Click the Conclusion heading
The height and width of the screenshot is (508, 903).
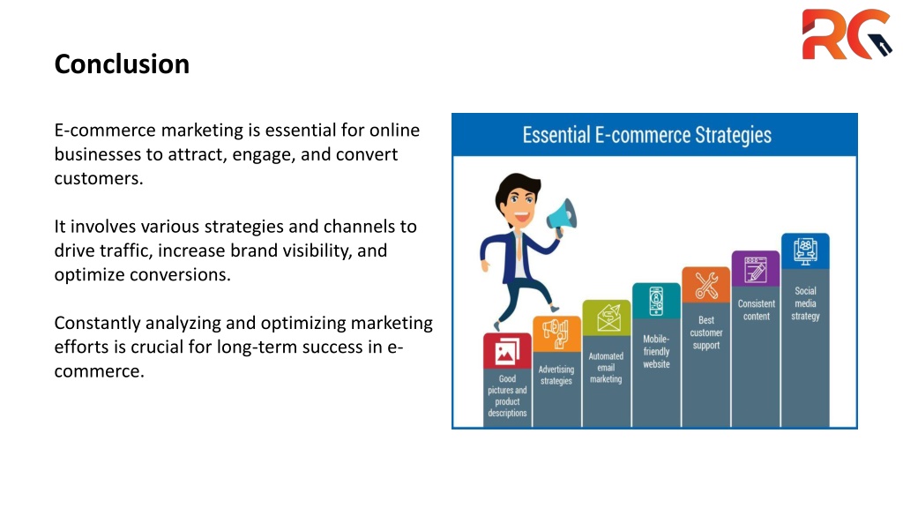click(x=122, y=63)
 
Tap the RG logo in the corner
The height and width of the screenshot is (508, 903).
click(x=847, y=34)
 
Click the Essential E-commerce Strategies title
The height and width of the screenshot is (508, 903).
click(x=646, y=135)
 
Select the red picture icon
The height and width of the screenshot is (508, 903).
click(x=507, y=351)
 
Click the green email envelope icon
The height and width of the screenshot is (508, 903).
click(x=607, y=317)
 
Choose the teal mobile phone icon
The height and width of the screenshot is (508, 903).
click(x=656, y=302)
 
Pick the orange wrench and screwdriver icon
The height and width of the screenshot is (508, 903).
click(x=706, y=285)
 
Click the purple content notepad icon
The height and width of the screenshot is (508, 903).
click(x=756, y=269)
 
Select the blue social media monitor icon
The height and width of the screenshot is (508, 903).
click(x=805, y=251)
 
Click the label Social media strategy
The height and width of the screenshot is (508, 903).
click(x=805, y=303)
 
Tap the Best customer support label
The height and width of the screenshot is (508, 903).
click(x=706, y=332)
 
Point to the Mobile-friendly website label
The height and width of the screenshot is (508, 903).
click(x=656, y=351)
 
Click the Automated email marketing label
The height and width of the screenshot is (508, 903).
click(x=606, y=368)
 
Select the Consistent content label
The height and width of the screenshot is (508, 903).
click(x=756, y=310)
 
